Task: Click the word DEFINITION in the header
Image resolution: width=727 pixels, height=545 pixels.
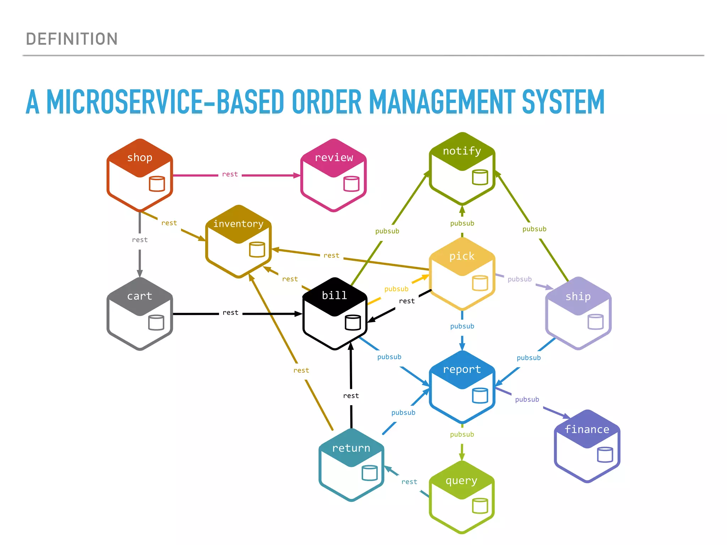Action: (x=72, y=39)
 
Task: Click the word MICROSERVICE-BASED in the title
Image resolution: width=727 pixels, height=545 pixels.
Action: (x=165, y=102)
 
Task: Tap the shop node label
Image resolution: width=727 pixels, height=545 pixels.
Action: (x=140, y=158)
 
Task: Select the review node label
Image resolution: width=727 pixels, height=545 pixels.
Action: (x=334, y=158)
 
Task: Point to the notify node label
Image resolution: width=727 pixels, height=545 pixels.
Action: (x=462, y=151)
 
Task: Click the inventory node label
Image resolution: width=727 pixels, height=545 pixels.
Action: (x=238, y=224)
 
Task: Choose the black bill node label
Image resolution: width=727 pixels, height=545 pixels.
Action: (x=334, y=295)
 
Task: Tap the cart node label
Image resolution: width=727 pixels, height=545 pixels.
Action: (x=140, y=296)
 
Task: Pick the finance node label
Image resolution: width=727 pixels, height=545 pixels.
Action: (x=587, y=429)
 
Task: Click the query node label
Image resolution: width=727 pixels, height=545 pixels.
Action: (x=461, y=481)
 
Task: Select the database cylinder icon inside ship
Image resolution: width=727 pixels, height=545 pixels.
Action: (x=595, y=322)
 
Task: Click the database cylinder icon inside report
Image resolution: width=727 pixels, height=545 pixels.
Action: (x=480, y=395)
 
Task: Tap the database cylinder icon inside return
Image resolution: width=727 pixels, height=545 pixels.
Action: (x=369, y=473)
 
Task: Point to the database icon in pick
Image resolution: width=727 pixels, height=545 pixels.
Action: (x=480, y=283)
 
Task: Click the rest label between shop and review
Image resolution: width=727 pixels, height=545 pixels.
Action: (x=230, y=174)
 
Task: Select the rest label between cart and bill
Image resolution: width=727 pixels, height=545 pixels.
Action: (x=230, y=313)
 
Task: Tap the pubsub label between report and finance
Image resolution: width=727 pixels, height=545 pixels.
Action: (x=527, y=400)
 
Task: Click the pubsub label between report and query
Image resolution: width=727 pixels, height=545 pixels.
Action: (x=462, y=434)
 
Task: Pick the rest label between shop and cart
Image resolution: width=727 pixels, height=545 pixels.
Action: (x=140, y=240)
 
